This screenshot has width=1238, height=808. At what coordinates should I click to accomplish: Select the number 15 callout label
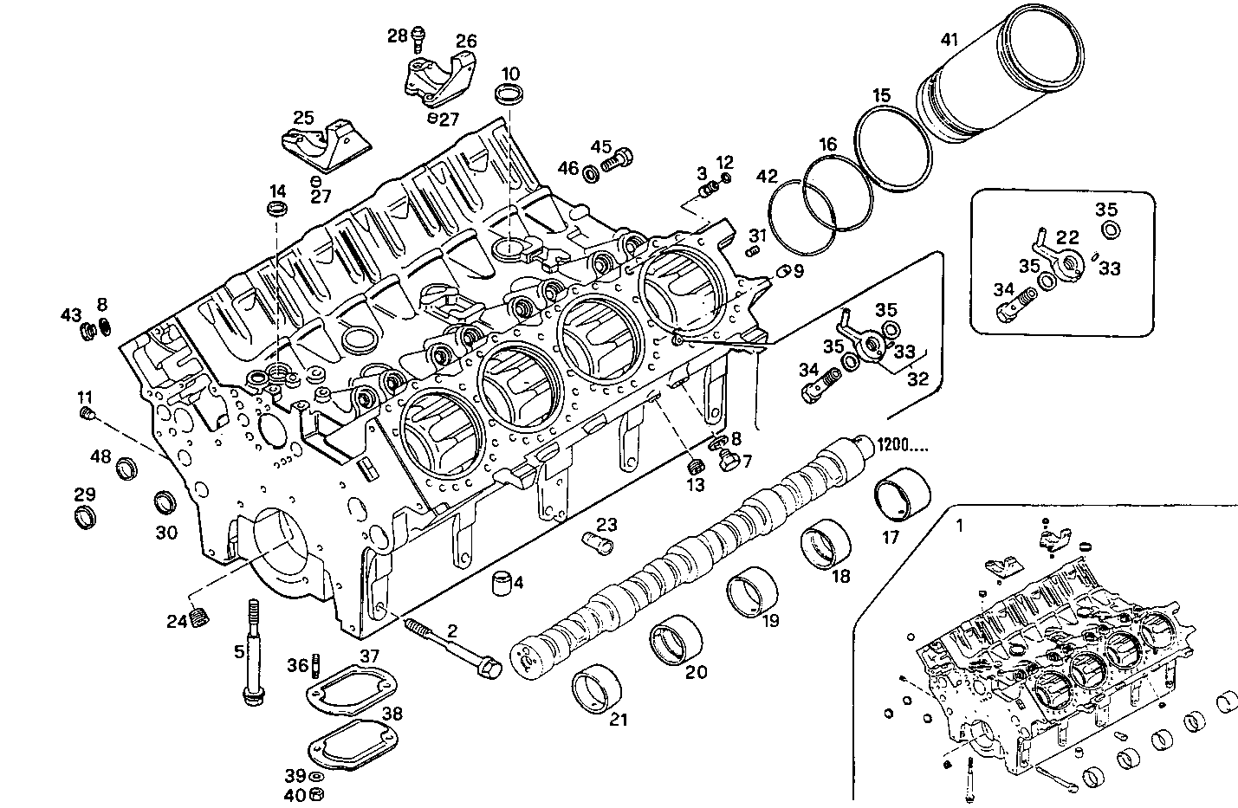click(x=881, y=95)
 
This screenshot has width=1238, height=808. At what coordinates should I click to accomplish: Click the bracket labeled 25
click(x=321, y=150)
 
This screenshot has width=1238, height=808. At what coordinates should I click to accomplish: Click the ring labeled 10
click(x=509, y=94)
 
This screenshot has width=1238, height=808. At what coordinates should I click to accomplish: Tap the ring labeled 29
click(x=84, y=519)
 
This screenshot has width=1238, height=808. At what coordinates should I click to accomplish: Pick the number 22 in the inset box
click(x=1067, y=236)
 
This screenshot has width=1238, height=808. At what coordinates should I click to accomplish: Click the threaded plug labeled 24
click(x=200, y=617)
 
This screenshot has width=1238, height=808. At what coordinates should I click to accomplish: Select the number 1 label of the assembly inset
click(x=959, y=525)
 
